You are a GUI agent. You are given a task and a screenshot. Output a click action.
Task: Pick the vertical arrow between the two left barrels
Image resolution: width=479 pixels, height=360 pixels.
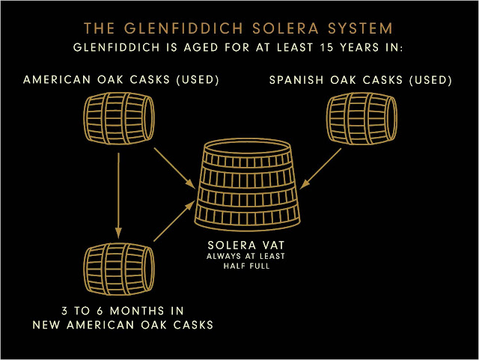[118, 192]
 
